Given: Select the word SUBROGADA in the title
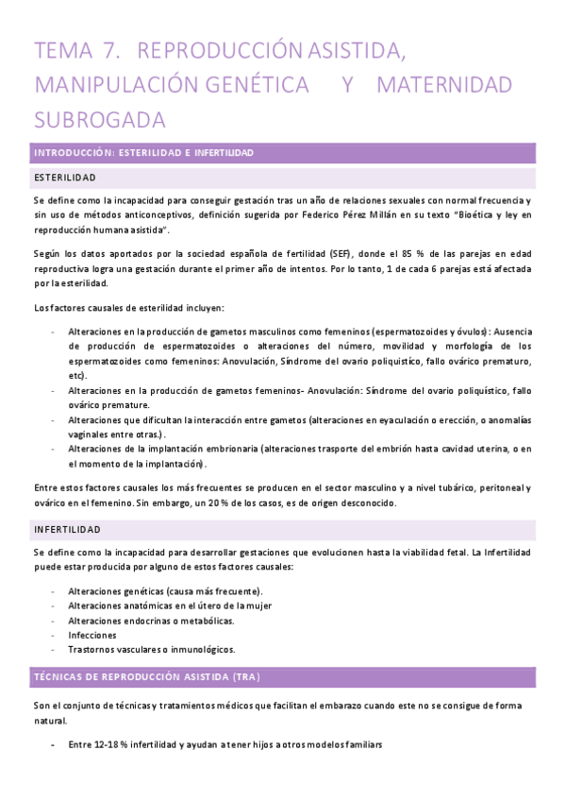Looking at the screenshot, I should click(x=99, y=120).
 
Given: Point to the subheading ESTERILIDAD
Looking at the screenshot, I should click(x=64, y=178).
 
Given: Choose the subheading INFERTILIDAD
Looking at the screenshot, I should click(x=67, y=530).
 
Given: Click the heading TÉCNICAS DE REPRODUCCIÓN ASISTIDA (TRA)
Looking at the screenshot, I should click(x=146, y=677).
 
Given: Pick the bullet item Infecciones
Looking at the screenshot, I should click(x=92, y=635).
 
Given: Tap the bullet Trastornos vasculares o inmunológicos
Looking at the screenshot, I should click(x=151, y=650).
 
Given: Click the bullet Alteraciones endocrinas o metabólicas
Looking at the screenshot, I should click(x=151, y=621).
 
